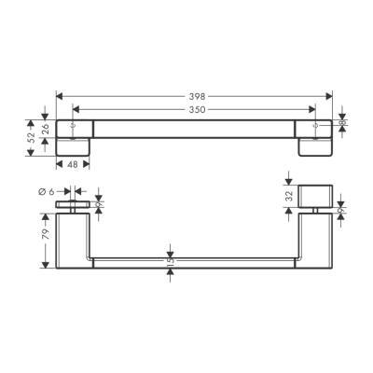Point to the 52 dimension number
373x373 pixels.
(31, 137)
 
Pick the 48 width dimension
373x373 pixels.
(74, 165)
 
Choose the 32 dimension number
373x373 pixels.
(290, 198)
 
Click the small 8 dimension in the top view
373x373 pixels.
(342, 120)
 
